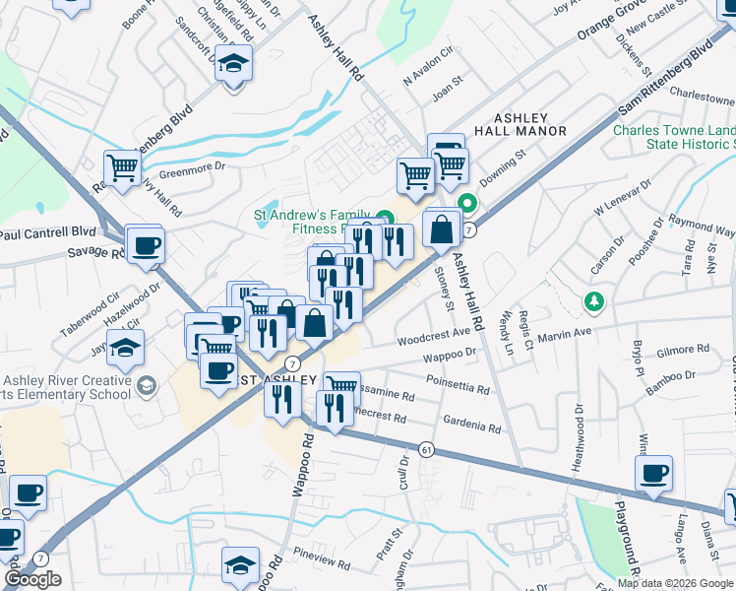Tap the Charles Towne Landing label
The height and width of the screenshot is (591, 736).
[x=674, y=138]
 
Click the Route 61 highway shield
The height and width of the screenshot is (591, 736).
[x=425, y=449]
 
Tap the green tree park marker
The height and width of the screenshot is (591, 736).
[x=592, y=299]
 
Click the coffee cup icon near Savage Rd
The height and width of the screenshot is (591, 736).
[x=146, y=245]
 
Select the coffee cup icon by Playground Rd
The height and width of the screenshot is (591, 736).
[x=653, y=475]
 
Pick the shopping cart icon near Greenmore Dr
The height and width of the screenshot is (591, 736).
[x=123, y=167]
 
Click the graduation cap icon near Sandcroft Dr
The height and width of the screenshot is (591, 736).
[x=233, y=65]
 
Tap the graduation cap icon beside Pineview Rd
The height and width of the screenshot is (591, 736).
[x=240, y=566]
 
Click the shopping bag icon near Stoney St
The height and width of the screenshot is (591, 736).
[x=442, y=230]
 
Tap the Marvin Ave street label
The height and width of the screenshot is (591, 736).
[x=564, y=332]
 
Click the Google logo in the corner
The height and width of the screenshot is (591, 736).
[x=32, y=579]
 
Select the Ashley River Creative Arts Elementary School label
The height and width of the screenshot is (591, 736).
[x=66, y=388]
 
